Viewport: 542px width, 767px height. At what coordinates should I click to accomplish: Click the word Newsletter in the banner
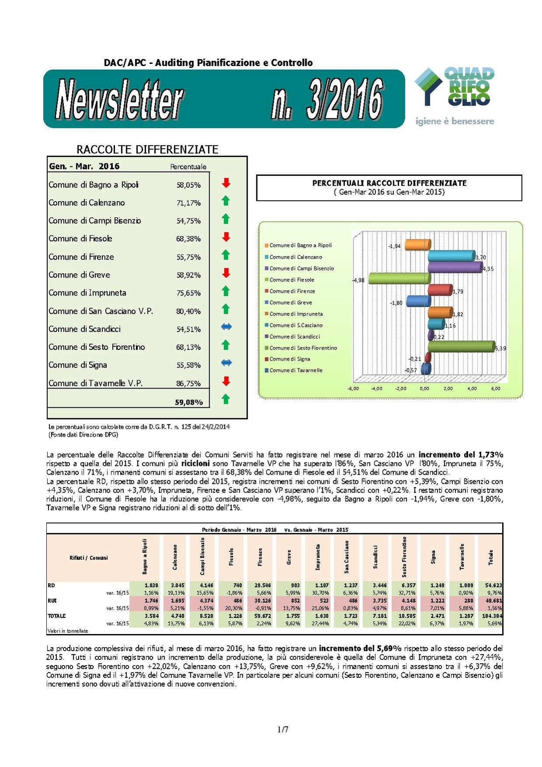click(x=119, y=100)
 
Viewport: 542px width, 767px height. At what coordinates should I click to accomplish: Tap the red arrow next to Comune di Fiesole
click(x=226, y=237)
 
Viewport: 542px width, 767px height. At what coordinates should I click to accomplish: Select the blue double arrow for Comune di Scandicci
click(x=226, y=327)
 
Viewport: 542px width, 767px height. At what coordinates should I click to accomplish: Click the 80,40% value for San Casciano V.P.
click(x=189, y=312)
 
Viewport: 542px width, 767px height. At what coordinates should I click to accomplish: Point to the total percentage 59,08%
click(x=189, y=402)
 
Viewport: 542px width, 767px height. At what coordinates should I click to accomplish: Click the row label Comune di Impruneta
click(x=87, y=293)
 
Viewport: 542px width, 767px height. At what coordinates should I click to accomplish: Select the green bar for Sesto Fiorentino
click(x=461, y=347)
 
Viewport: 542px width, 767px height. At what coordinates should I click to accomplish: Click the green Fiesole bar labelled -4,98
click(x=399, y=278)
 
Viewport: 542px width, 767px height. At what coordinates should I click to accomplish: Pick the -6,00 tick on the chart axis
click(x=353, y=389)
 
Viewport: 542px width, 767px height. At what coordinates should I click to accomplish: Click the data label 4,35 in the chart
click(x=488, y=269)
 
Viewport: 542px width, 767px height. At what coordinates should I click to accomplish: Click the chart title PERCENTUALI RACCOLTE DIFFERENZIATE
click(x=389, y=183)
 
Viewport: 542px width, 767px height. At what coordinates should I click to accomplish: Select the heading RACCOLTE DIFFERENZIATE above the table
click(x=147, y=150)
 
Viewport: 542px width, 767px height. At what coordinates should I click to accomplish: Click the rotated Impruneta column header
click(x=318, y=557)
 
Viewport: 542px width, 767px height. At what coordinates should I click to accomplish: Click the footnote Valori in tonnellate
click(x=68, y=631)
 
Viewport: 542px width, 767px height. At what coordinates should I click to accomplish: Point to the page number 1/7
click(x=283, y=729)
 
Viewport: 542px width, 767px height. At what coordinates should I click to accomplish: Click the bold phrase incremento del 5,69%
click(x=360, y=648)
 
